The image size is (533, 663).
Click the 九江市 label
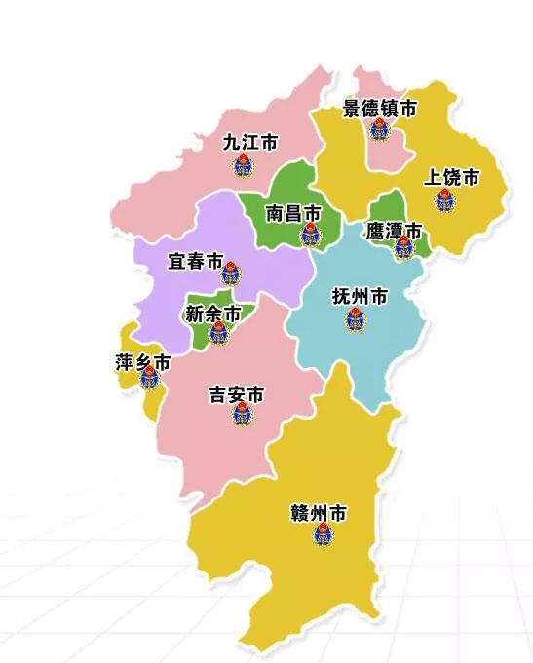pos(250,143)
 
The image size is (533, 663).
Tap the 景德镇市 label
pos(379,109)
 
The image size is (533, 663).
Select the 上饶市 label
pos(452,178)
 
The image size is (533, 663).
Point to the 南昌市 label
pos(293,213)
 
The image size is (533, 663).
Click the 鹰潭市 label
pos(394,232)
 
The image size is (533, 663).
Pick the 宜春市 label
pos(196,262)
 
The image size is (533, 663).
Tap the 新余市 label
pos(213,314)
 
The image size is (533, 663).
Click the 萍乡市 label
pos(142,363)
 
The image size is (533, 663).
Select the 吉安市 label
pos(237,395)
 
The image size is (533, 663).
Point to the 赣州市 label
pos(320,513)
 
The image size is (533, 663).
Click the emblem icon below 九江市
pos(244,166)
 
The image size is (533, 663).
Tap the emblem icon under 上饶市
pos(444,202)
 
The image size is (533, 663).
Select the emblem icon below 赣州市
pos(324,535)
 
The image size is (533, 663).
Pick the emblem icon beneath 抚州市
pos(355,318)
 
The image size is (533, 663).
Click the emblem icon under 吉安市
pos(241,416)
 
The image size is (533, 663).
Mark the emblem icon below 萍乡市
pos(149,380)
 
